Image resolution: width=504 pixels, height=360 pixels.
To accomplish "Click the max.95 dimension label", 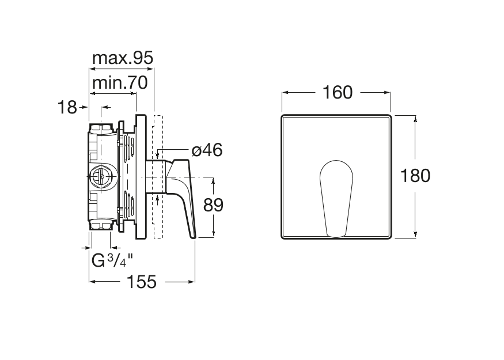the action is pyautogui.click(x=123, y=58).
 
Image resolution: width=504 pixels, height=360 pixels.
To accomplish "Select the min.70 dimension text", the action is pyautogui.click(x=120, y=83).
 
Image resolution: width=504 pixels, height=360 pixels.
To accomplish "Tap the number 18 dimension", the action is pyautogui.click(x=67, y=107).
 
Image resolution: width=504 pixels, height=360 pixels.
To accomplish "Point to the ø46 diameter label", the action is pyautogui.click(x=207, y=150).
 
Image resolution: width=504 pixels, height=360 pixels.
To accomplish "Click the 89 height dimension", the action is pyautogui.click(x=213, y=204).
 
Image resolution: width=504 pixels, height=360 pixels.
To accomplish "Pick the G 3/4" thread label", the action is pyautogui.click(x=112, y=260).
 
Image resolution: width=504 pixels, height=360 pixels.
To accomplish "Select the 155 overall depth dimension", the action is pyautogui.click(x=142, y=282).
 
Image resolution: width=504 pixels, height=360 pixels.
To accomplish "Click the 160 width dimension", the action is pyautogui.click(x=338, y=93).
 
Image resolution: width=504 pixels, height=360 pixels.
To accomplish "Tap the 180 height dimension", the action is pyautogui.click(x=415, y=176).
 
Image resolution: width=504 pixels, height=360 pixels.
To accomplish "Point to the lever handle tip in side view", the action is pyautogui.click(x=194, y=237).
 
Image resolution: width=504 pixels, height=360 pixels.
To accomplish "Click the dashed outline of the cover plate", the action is pyautogui.click(x=158, y=176).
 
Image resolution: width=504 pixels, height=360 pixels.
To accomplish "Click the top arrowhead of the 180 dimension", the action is pyautogui.click(x=415, y=120).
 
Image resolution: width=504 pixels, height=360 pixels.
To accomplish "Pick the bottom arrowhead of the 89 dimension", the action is pyautogui.click(x=214, y=234).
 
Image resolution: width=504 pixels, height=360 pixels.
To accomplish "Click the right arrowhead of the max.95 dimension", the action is pyautogui.click(x=150, y=69).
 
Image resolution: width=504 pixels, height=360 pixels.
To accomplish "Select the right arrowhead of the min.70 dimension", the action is pyautogui.click(x=133, y=93).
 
